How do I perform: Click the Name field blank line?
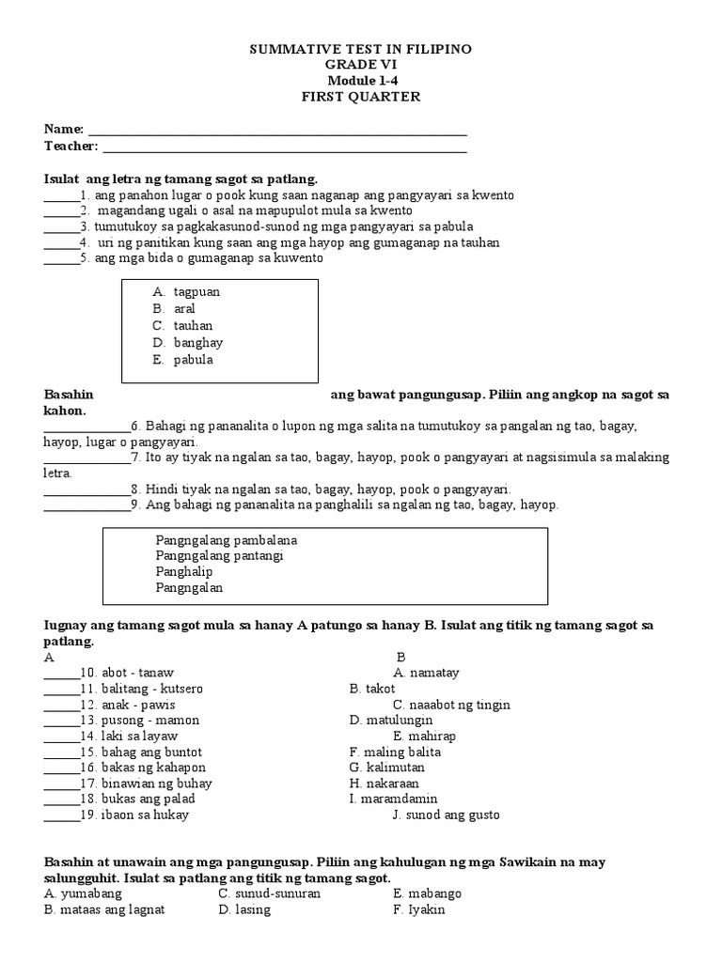coord(276,131)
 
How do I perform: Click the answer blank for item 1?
coord(61,196)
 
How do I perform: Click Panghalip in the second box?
coord(184,572)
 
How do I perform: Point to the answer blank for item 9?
coord(86,505)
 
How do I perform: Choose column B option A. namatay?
coord(426,674)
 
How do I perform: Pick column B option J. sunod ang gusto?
coord(446,815)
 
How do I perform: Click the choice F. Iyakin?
coord(418,909)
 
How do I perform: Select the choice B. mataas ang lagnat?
coord(104,909)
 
